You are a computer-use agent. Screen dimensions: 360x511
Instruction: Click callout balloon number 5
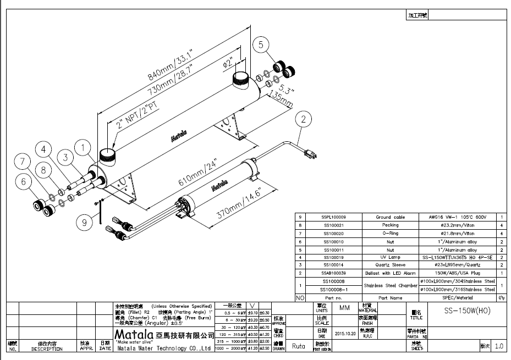point(261,45)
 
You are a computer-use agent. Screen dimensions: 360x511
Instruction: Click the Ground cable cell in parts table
point(391,218)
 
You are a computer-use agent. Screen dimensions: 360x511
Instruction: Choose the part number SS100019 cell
point(333,257)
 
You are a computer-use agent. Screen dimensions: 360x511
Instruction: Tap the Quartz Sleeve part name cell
point(391,265)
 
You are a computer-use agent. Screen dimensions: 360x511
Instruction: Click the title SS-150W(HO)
point(466,311)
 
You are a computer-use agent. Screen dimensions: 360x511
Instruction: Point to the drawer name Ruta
point(299,346)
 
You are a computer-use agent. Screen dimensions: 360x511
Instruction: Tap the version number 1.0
point(499,346)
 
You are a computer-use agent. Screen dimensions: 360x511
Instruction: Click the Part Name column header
point(391,298)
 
